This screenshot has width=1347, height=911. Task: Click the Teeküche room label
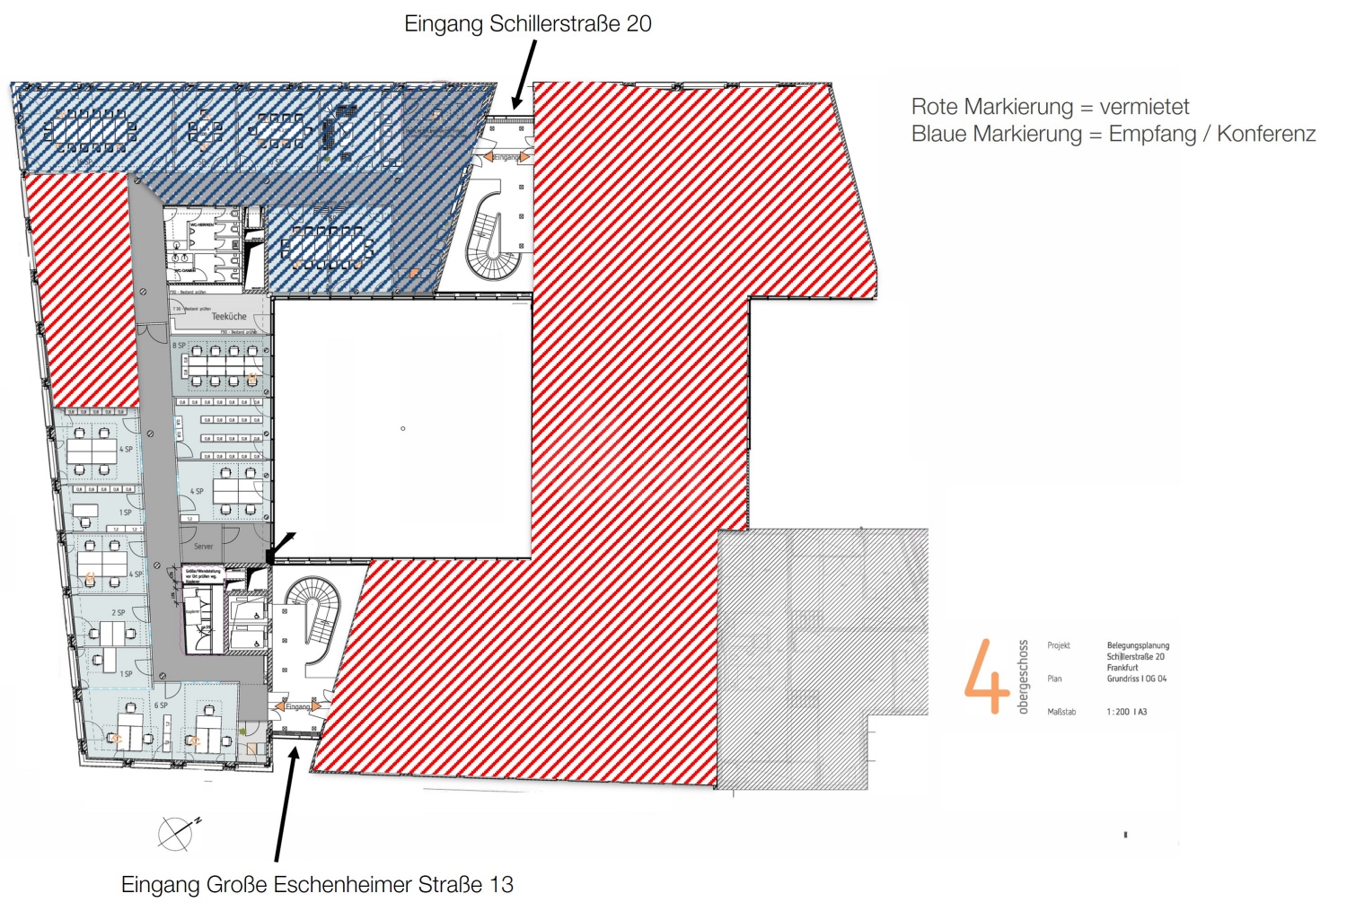tap(229, 316)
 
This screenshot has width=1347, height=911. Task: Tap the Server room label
tap(204, 546)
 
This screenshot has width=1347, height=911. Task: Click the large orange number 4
tap(986, 678)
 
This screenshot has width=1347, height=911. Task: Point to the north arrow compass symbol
tap(177, 833)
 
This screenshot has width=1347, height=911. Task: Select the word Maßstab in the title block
tap(1061, 712)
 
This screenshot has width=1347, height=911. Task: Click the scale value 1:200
tap(1118, 712)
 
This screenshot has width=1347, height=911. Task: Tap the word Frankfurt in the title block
tap(1122, 668)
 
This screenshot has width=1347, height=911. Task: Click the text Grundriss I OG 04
tap(1136, 679)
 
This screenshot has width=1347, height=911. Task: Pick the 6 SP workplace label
tap(161, 705)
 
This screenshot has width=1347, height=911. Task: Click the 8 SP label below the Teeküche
tap(179, 345)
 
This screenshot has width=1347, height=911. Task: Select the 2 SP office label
tap(119, 613)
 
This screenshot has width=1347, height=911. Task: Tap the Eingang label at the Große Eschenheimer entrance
tap(298, 706)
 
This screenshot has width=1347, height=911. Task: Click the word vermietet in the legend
tap(1144, 107)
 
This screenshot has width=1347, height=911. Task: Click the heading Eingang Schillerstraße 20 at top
tap(527, 24)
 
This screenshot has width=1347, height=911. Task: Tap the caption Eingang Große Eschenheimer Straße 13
tap(317, 884)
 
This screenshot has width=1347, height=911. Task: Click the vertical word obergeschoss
tap(1023, 677)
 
